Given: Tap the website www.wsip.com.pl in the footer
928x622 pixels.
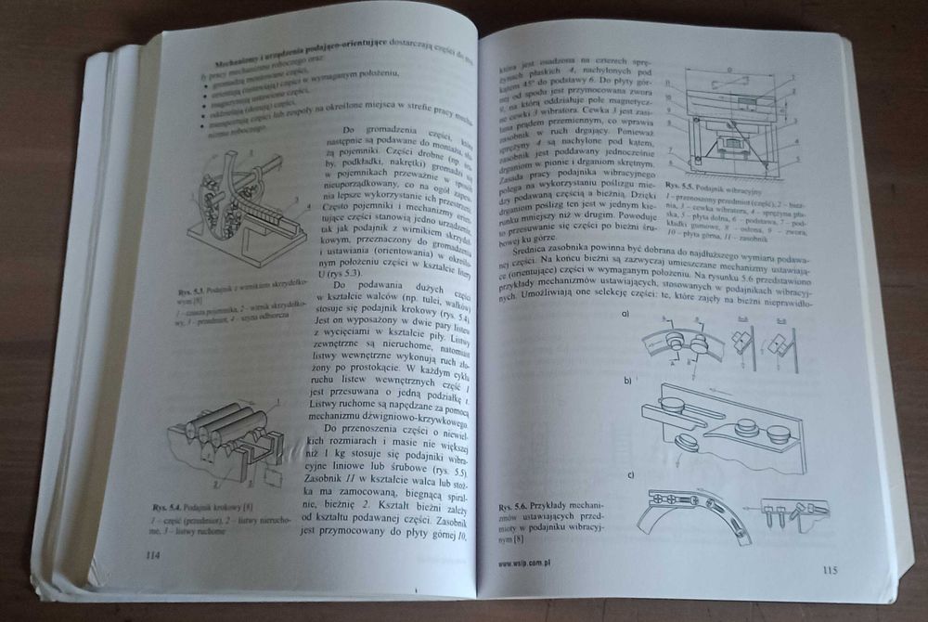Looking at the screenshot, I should (x=526, y=563).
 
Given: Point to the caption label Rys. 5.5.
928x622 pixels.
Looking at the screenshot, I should (x=682, y=190).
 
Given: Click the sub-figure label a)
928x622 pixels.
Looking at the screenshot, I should (x=627, y=313).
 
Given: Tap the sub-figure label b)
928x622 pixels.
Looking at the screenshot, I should (x=628, y=381).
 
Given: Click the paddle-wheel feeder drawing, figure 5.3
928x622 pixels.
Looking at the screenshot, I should (x=247, y=210).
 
